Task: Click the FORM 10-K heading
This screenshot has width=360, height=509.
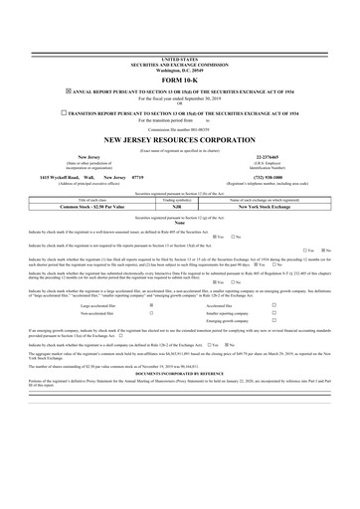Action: click(x=179, y=80)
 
